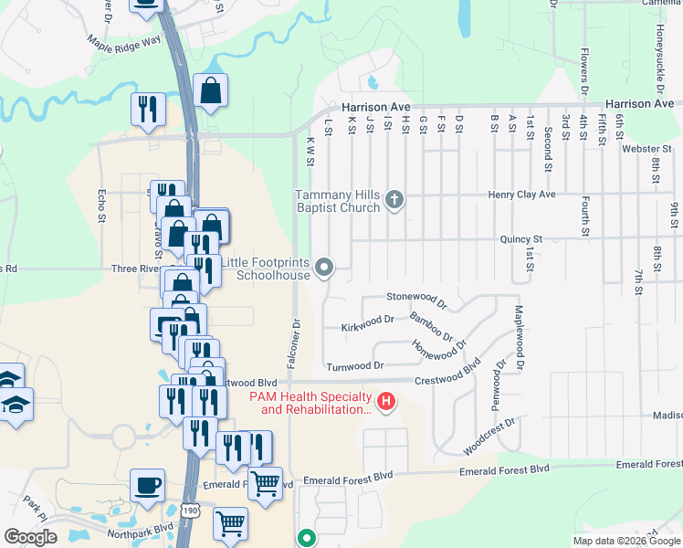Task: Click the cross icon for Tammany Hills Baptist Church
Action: point(394,199)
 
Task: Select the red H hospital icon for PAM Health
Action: point(386,400)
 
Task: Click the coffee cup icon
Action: point(148,484)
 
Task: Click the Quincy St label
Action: point(520,239)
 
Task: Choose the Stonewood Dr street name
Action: point(415,297)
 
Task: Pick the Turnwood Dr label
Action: point(355,365)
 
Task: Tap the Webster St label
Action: point(646,148)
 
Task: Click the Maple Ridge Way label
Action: point(123,41)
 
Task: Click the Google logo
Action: point(30,536)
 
